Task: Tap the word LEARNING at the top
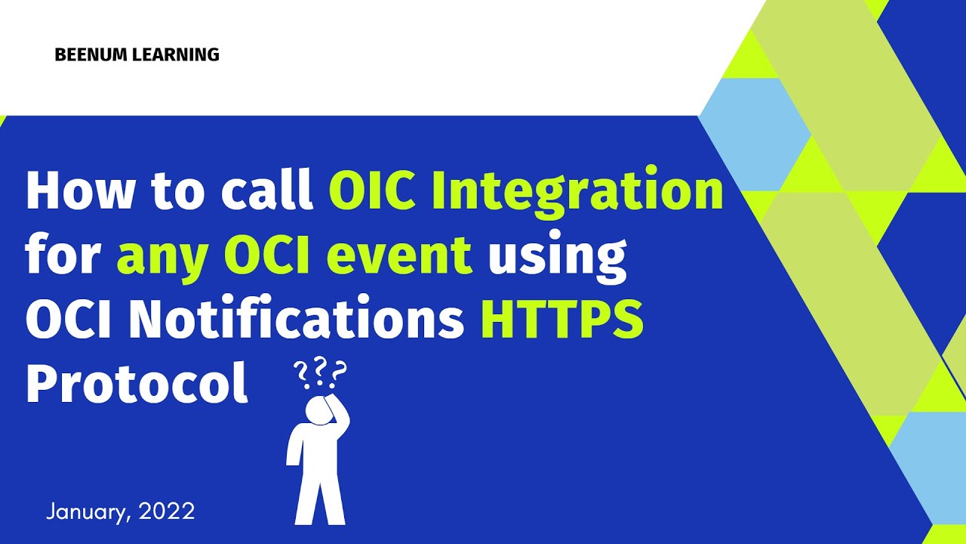click(180, 54)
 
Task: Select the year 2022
click(168, 512)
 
